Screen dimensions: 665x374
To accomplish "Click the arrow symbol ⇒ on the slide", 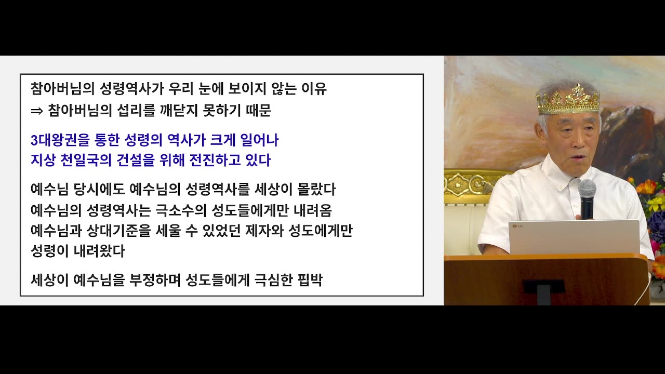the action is [37, 111].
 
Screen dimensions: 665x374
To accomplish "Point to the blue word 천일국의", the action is [86, 161].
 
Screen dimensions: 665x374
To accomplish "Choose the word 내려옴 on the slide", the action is [313, 210].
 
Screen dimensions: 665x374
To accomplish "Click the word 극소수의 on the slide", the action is [181, 210].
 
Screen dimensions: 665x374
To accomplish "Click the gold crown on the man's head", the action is [568, 100].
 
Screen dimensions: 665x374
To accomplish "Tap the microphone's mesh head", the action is [587, 190].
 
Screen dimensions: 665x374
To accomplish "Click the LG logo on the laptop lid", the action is [517, 226].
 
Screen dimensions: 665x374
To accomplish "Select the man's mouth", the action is [577, 157].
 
